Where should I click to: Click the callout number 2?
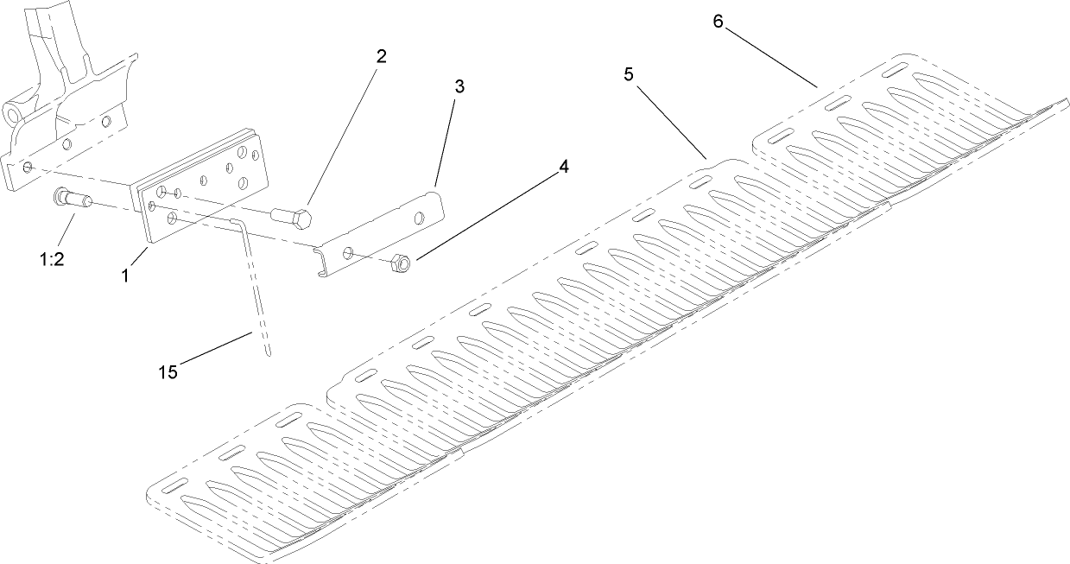(x=381, y=57)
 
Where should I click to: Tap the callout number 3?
(x=459, y=86)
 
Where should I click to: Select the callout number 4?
(x=564, y=166)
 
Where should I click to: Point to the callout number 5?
(x=629, y=74)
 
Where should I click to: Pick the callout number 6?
(x=718, y=21)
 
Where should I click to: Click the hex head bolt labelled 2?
(x=292, y=217)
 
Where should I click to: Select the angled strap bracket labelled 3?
(x=380, y=237)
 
